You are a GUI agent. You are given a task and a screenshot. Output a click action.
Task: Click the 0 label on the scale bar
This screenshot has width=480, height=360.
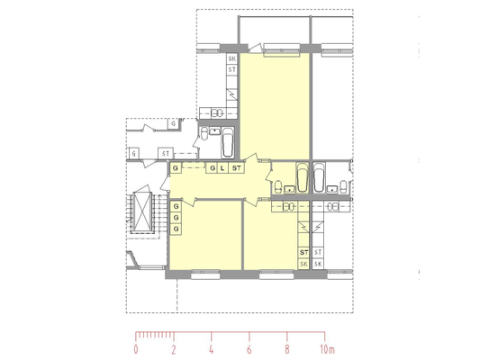pyautogui.click(x=136, y=349)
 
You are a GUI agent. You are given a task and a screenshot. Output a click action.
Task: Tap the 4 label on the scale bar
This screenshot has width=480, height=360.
pyautogui.click(x=212, y=349)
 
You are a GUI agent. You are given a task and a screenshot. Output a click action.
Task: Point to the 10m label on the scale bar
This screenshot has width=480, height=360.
pyautogui.click(x=328, y=349)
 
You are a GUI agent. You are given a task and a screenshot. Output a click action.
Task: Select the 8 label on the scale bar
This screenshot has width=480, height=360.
pyautogui.click(x=287, y=349)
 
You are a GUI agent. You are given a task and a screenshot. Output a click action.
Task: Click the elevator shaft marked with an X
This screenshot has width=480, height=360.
pyautogui.click(x=142, y=213)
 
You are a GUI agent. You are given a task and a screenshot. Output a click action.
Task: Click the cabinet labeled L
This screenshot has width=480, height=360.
pyautogui.click(x=222, y=168)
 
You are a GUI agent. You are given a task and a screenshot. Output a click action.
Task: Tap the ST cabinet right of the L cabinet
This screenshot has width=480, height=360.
pyautogui.click(x=236, y=168)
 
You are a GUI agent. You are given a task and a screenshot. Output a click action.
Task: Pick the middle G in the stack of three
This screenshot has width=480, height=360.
pyautogui.click(x=176, y=218)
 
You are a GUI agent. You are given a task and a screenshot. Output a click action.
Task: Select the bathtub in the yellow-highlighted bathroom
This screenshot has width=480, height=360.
pyautogui.click(x=303, y=177)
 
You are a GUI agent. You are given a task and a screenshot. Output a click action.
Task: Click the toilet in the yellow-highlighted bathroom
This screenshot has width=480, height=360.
pyautogui.click(x=278, y=187)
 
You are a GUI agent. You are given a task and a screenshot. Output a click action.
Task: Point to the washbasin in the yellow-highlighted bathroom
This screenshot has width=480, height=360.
pyautogui.click(x=289, y=190)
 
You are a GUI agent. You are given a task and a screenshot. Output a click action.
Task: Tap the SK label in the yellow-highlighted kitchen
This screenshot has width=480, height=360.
pyautogui.click(x=303, y=264)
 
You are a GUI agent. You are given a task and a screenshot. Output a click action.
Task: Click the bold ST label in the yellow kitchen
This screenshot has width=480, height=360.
pyautogui.click(x=303, y=253)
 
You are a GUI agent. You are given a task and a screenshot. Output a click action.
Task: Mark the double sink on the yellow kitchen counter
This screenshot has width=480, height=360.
pyautogui.click(x=288, y=207)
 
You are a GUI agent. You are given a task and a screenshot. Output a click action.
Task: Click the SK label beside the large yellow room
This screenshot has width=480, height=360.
pyautogui.click(x=232, y=58)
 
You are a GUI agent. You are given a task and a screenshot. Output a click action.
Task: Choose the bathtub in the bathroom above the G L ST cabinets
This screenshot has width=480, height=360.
pyautogui.click(x=228, y=142)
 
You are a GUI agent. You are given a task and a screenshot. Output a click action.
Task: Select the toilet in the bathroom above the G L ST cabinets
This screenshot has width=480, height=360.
pyautogui.click(x=204, y=133)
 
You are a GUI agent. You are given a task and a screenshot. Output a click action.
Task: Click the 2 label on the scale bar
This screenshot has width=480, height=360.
pyautogui.click(x=174, y=349)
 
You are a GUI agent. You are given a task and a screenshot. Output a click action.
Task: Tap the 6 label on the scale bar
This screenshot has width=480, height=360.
pyautogui.click(x=249, y=349)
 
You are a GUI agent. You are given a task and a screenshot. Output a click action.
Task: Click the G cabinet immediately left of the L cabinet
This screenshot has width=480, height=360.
pyautogui.click(x=212, y=168)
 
